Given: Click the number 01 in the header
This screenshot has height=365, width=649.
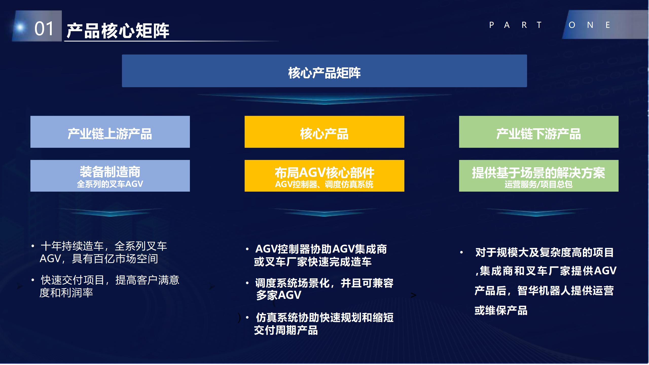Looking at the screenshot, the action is click(44, 28).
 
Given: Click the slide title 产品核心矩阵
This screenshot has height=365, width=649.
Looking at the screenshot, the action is click(118, 31).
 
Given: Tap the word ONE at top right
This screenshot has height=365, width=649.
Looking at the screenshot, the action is click(589, 25).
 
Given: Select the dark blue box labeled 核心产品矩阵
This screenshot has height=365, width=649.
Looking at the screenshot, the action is click(324, 71).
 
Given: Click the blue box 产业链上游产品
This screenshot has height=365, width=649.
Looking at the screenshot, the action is click(110, 132).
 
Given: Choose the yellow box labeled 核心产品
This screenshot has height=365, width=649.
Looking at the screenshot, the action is click(324, 132).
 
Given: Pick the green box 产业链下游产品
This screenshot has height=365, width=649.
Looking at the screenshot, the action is click(539, 132).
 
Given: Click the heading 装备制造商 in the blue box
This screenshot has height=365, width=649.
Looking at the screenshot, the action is click(110, 172).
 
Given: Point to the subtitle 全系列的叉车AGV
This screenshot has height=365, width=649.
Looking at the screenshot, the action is click(110, 184).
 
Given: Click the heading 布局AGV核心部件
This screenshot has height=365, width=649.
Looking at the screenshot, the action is click(324, 173).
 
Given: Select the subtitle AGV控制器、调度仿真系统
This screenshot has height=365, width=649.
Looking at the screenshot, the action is click(324, 184).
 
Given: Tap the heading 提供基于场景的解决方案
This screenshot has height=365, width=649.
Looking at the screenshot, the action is click(539, 173).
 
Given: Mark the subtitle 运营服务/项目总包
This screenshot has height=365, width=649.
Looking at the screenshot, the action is click(539, 184).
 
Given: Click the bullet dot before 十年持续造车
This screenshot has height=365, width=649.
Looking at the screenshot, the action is click(33, 246).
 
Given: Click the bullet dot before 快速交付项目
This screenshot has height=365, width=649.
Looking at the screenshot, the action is click(33, 280).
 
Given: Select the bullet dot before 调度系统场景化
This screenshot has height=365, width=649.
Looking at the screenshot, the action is click(247, 283).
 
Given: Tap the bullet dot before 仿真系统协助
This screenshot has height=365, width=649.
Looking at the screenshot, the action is click(247, 318).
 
